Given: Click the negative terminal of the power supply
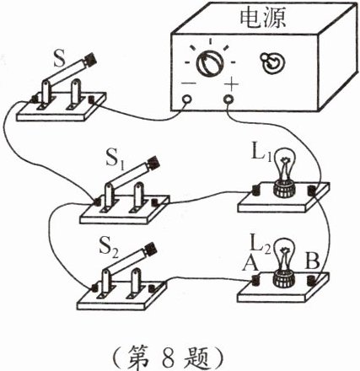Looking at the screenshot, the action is tap(187, 99).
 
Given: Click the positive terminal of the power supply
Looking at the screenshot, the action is tap(228, 99).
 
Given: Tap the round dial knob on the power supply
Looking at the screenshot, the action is tap(209, 62).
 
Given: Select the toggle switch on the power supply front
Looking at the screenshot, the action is tap(272, 62).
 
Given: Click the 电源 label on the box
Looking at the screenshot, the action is tap(263, 17).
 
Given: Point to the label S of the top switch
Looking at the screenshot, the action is tap(59, 59).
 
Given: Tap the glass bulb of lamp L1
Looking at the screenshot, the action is tap(284, 162).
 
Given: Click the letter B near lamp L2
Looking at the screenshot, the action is tap(312, 261).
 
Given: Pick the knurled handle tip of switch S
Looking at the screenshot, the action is tap(90, 59).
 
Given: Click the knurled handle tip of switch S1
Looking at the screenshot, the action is tap(153, 162).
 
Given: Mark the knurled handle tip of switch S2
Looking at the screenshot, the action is tap(151, 249).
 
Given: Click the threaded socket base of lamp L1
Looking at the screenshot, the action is tap(284, 188).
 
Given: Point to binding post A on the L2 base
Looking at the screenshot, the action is tap(255, 281).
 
